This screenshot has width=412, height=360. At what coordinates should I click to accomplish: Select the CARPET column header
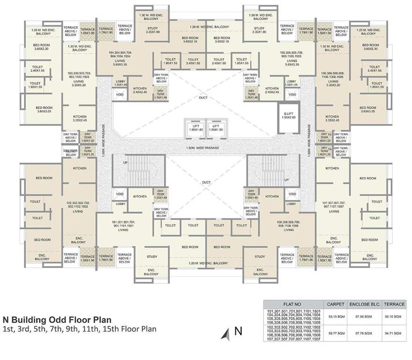[x=336, y=303]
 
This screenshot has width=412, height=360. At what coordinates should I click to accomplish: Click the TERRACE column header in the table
[x=394, y=303]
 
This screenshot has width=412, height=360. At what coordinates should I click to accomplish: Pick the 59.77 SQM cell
[x=336, y=333]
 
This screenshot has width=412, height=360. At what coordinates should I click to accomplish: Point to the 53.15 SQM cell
[x=336, y=316]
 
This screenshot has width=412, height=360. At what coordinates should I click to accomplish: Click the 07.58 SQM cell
[x=364, y=316]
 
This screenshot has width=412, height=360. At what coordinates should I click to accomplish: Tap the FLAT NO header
[x=293, y=303]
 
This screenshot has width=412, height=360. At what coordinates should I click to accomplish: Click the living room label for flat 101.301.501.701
[x=124, y=226]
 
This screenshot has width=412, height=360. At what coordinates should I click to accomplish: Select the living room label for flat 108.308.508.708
[x=288, y=226]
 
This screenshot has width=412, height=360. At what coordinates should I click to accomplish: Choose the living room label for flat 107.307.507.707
[x=334, y=207]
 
